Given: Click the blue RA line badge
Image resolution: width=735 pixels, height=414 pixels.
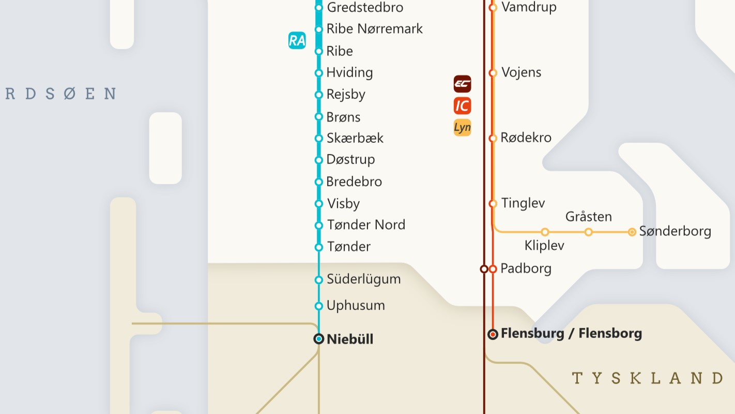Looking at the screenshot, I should [x=297, y=40].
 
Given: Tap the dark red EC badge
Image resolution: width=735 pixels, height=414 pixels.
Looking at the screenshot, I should [x=462, y=83].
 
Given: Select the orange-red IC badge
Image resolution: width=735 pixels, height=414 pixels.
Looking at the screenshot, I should [x=462, y=106].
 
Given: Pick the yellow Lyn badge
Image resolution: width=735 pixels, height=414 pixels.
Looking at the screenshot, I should [x=462, y=127].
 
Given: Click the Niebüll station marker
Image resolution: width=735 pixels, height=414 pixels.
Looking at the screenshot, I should [x=319, y=339].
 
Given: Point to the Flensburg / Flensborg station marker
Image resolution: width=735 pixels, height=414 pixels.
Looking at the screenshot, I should [x=493, y=334].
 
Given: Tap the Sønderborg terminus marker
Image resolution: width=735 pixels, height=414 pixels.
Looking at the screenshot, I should [x=632, y=232].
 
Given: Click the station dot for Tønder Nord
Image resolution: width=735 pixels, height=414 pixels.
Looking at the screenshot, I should [x=319, y=226].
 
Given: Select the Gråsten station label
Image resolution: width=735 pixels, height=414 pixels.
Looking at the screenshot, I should [x=588, y=216].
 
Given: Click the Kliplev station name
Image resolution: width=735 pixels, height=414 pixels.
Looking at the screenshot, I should [x=544, y=245].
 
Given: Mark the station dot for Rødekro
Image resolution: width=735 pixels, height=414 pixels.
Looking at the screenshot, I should [x=493, y=138].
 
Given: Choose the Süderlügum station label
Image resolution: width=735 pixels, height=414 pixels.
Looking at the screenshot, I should [x=363, y=279].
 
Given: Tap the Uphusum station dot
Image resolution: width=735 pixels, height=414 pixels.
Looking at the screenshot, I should [x=319, y=306].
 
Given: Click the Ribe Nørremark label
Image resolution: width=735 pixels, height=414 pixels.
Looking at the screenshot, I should [x=374, y=29].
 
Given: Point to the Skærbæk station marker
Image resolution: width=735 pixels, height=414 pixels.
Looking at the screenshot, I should [x=319, y=139].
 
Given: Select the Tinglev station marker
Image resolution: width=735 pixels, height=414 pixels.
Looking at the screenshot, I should [x=493, y=204].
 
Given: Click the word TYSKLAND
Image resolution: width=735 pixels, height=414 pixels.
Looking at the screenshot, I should [x=647, y=378].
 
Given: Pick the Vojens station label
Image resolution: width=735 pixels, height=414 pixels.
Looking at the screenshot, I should [x=521, y=72].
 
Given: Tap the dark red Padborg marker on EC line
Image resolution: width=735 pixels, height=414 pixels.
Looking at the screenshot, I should [x=484, y=269].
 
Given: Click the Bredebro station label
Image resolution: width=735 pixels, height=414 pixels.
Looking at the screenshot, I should [x=354, y=182].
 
